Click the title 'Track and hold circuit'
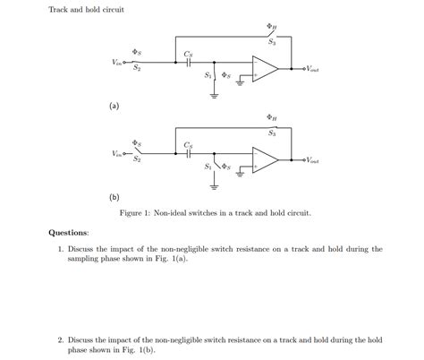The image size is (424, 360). [x=86, y=10]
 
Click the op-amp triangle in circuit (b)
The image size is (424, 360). [x=266, y=159]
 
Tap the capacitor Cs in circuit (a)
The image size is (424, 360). [x=189, y=63]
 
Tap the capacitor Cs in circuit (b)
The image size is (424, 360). [x=189, y=154]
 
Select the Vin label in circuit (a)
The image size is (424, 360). [x=117, y=63]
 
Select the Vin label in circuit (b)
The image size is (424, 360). [x=117, y=154]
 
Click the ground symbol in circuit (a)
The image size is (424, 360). [x=216, y=92]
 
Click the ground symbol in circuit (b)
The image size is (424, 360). [x=216, y=186]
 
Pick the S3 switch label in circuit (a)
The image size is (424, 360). [x=272, y=42]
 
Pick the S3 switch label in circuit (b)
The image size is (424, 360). [x=272, y=133]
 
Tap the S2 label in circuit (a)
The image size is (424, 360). [x=137, y=68]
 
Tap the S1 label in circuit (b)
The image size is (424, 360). [x=208, y=167]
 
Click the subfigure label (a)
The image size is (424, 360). [x=114, y=106]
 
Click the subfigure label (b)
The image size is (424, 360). [x=114, y=197]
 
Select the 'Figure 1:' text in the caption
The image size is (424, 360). [x=136, y=214]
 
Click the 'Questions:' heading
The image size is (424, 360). [x=69, y=233]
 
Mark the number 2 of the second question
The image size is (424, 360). [x=59, y=340]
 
